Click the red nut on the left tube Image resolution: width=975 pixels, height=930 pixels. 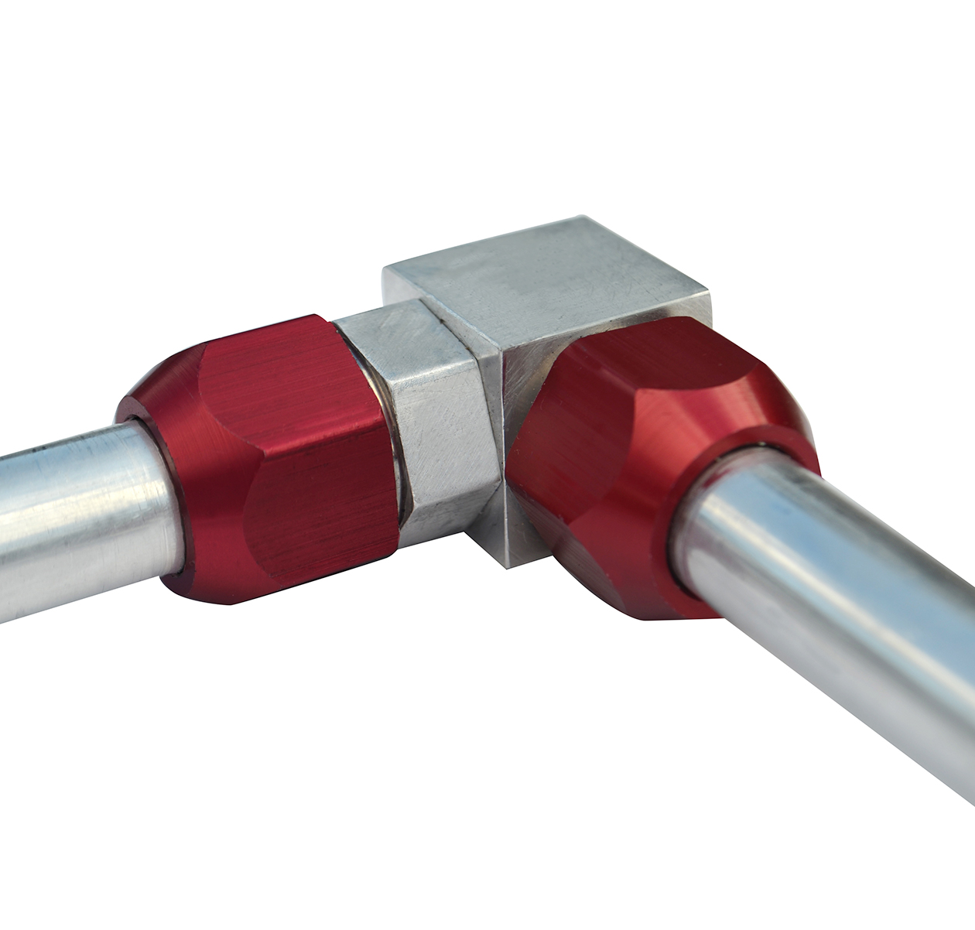coord(271,456)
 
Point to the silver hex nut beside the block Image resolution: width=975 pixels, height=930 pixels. coord(433,410)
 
